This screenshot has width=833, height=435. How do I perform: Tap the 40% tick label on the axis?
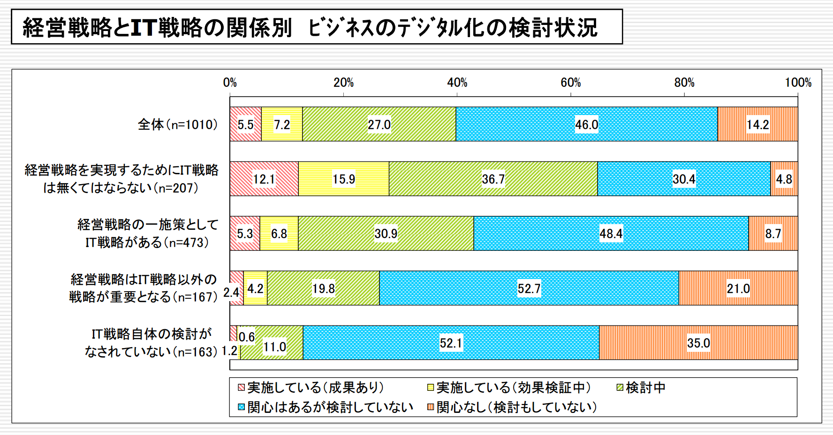point(457,83)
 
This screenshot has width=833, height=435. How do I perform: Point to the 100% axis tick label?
point(798,83)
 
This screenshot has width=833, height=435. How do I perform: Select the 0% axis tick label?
point(230,83)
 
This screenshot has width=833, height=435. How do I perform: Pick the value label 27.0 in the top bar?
point(379,125)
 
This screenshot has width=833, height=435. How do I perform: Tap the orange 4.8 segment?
point(784,179)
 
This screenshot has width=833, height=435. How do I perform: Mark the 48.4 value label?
point(611,234)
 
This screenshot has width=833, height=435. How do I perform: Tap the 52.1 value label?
point(451,343)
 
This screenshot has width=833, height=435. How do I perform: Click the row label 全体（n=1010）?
point(178,124)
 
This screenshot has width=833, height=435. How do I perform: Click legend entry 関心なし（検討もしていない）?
point(512,407)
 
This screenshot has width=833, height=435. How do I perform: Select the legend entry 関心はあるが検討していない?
point(326,407)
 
